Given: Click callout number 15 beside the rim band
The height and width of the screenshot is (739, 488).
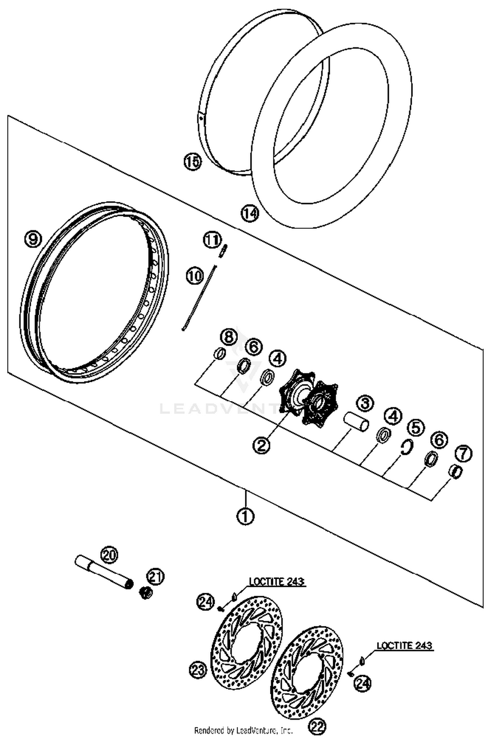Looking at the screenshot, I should click(193, 162).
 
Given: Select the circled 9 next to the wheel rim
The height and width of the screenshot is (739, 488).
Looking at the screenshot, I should click(33, 239).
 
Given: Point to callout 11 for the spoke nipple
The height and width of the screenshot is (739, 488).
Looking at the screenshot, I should click(212, 240).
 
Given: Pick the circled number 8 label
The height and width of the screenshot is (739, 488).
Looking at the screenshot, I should click(229, 337).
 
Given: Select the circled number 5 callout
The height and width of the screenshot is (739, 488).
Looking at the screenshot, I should click(417, 428).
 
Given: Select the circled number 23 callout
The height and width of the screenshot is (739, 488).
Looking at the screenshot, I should click(198, 670).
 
